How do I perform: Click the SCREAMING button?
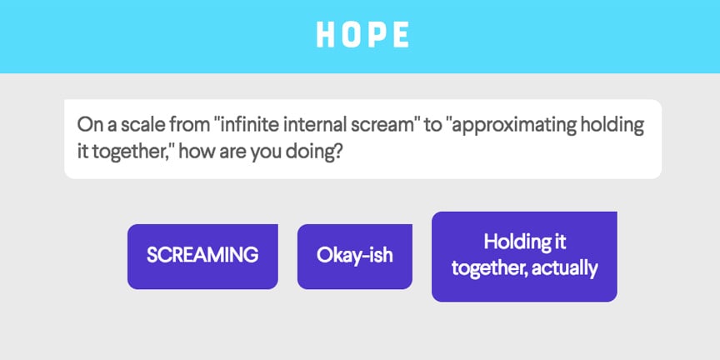[x=202, y=256]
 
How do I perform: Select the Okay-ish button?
[x=354, y=256]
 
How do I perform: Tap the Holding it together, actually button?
[x=524, y=256]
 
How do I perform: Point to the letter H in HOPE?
[x=326, y=34]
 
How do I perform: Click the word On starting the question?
[x=88, y=126]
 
